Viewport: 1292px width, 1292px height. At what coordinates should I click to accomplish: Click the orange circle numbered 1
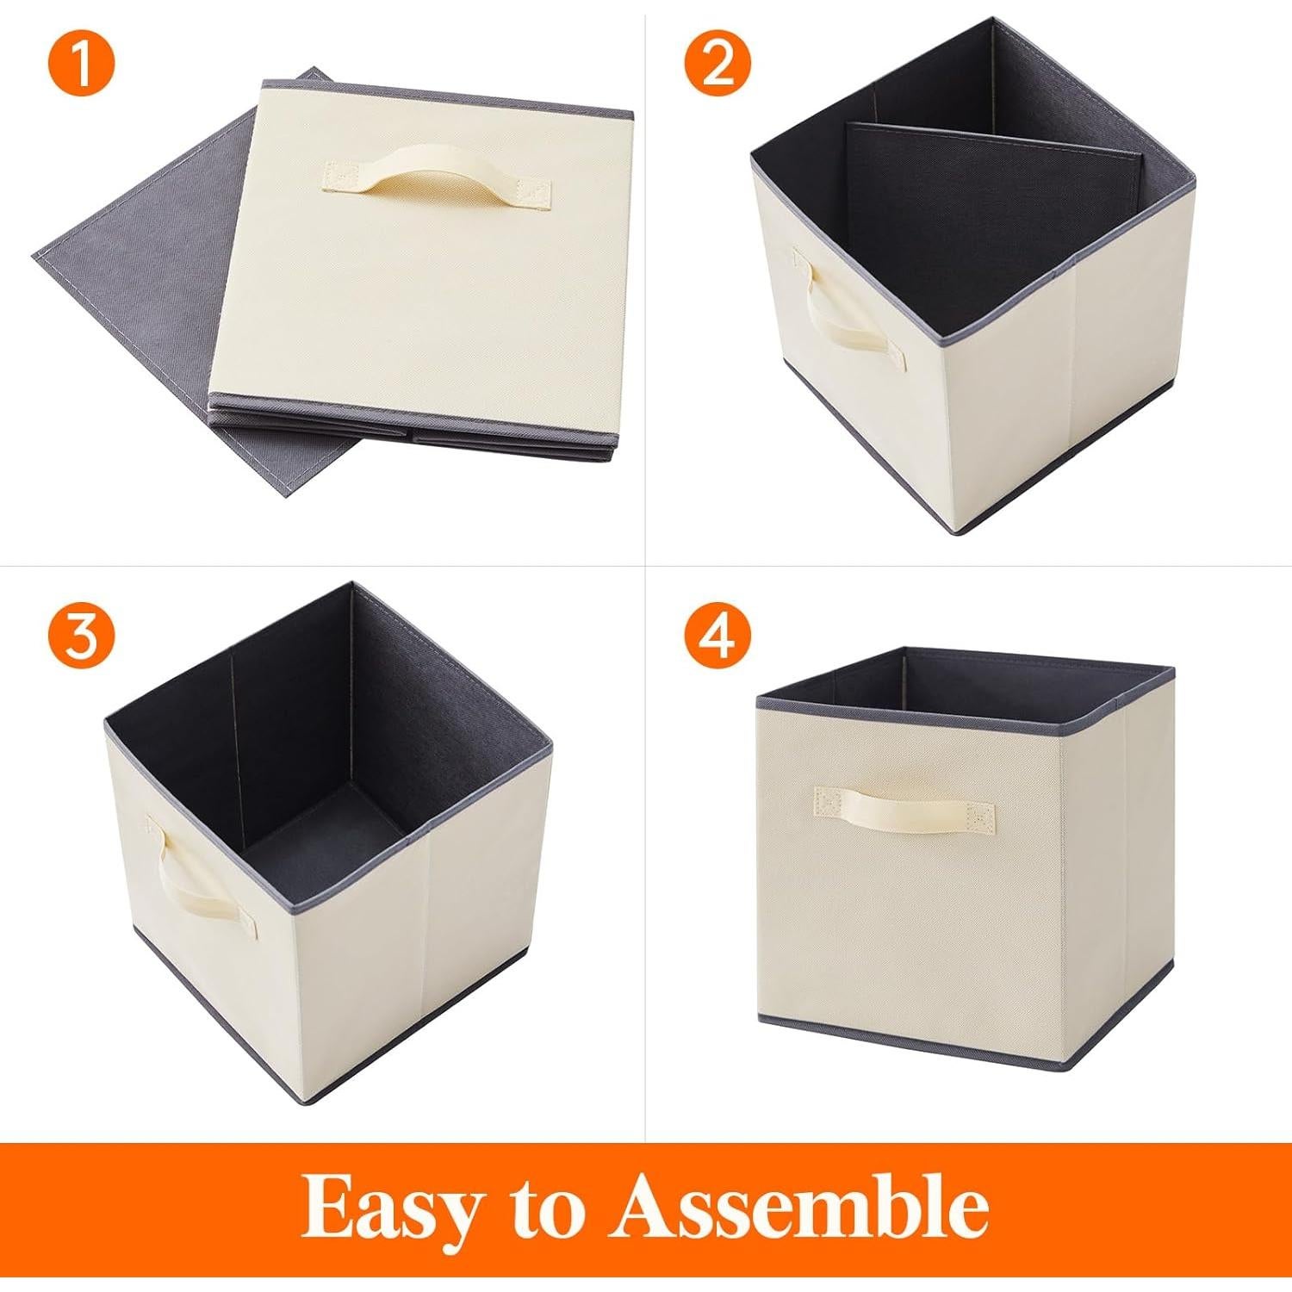[x=83, y=66]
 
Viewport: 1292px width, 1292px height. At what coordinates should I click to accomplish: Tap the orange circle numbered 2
[x=718, y=66]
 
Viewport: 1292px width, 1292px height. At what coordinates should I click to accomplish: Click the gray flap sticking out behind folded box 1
[x=129, y=258]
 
